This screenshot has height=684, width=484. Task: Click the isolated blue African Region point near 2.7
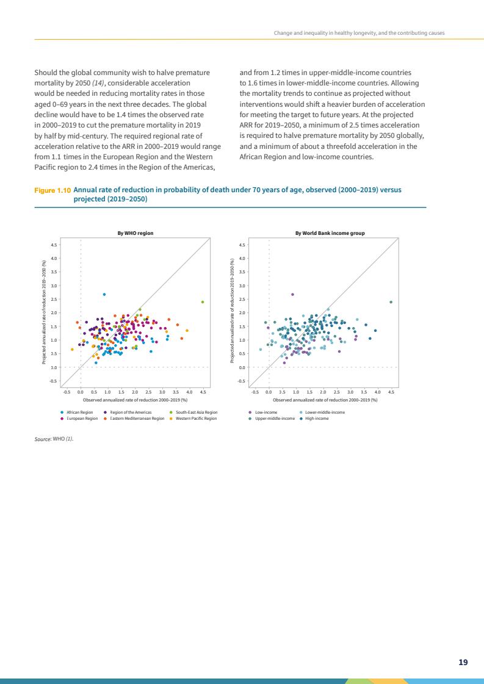pyautogui.click(x=104, y=294)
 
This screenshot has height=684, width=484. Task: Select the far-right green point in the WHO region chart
pyautogui.click(x=203, y=302)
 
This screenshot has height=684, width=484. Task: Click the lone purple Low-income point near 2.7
pyautogui.click(x=292, y=294)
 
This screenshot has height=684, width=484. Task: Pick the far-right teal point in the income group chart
pyautogui.click(x=391, y=302)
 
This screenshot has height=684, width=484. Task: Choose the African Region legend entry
pyautogui.click(x=79, y=412)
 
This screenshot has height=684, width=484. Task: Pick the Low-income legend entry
pyautogui.click(x=266, y=412)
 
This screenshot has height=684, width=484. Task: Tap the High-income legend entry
pyautogui.click(x=316, y=419)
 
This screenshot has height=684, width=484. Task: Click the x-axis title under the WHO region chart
pyautogui.click(x=135, y=400)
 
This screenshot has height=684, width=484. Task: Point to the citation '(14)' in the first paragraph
pyautogui.click(x=114, y=82)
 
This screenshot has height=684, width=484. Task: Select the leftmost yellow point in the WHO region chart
pyautogui.click(x=72, y=350)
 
